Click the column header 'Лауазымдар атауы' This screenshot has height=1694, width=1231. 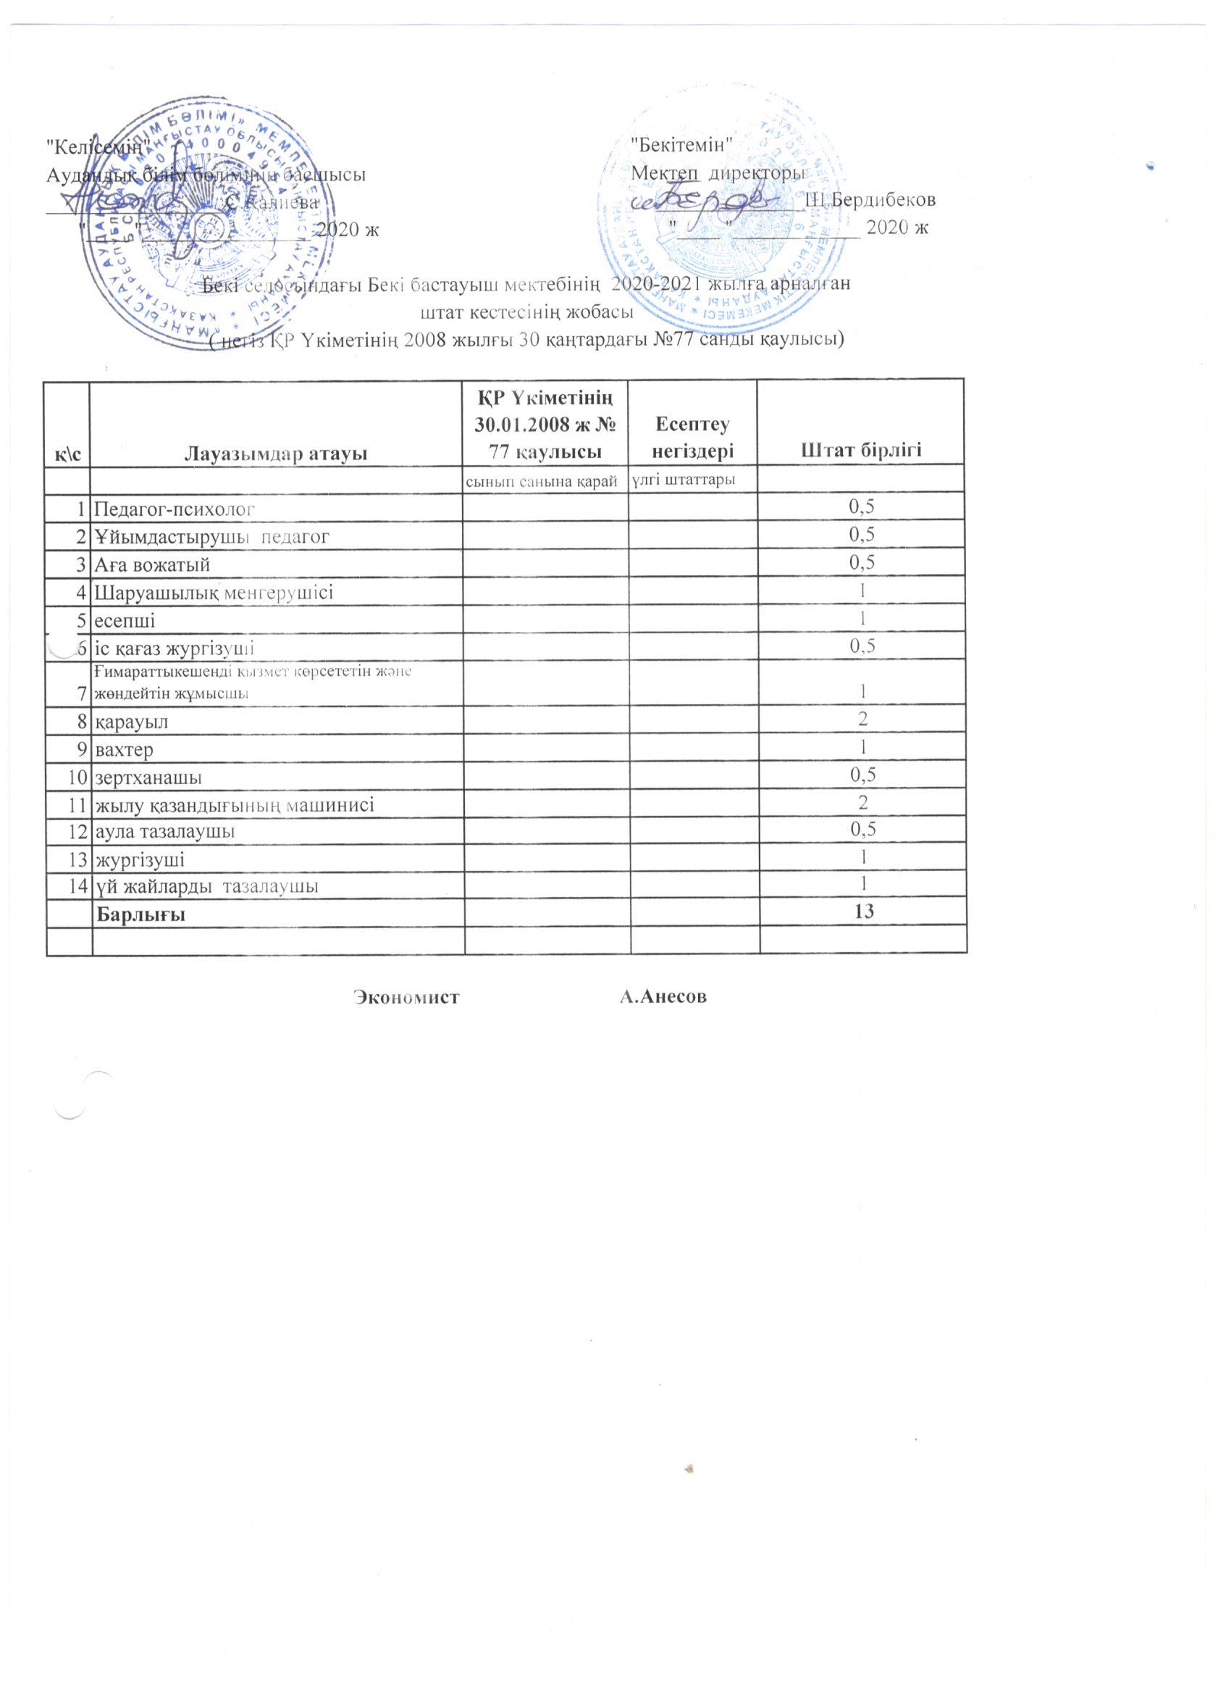(276, 452)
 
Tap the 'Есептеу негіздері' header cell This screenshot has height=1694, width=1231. (693, 438)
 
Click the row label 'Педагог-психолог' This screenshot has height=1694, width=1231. (175, 509)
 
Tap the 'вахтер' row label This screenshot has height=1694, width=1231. (123, 749)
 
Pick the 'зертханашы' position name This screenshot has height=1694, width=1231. (148, 777)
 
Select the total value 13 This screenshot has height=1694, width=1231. (864, 911)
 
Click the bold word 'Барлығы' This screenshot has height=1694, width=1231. (140, 914)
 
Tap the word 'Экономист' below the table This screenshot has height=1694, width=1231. (406, 996)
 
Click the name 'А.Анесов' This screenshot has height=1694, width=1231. (663, 996)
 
